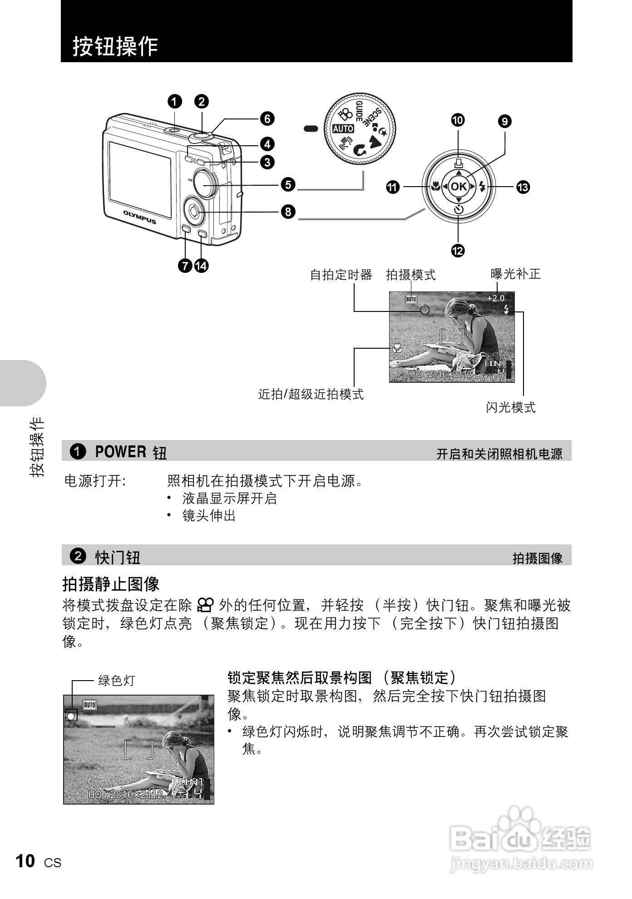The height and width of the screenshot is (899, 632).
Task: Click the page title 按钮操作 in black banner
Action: pos(115,46)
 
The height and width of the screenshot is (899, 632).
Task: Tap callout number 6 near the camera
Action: pos(267,119)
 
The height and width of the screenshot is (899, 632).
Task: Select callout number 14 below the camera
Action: pos(201,266)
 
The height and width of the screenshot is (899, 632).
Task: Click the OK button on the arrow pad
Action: pos(459,186)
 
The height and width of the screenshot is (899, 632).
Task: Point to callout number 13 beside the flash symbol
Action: pos(523,187)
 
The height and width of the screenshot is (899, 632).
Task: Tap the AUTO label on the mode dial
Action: pos(343,129)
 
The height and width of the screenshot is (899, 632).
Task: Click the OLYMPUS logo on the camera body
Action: pos(139,217)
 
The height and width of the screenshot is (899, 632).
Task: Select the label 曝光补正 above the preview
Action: pos(515,274)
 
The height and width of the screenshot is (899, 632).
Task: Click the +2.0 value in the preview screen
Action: pos(495,298)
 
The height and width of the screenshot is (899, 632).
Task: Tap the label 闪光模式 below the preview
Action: pos(511,407)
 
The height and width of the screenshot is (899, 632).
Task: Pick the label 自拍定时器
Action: pos(341,275)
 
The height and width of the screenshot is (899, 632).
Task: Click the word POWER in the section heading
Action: pos(120,452)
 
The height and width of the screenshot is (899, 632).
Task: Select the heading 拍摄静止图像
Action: pos(111,584)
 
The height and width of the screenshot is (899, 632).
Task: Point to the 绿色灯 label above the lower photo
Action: pos(117,680)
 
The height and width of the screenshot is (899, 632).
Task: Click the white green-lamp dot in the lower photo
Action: pos(71,716)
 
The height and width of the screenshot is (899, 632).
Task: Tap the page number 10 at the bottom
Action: pos(25,861)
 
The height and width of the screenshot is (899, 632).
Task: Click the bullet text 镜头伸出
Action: pos(209,516)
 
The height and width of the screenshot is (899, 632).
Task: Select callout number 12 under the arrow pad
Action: pos(458,251)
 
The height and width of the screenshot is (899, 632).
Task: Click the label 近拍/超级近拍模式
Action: pos(311,394)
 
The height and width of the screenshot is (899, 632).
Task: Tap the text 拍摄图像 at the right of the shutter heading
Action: pos(537,558)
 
